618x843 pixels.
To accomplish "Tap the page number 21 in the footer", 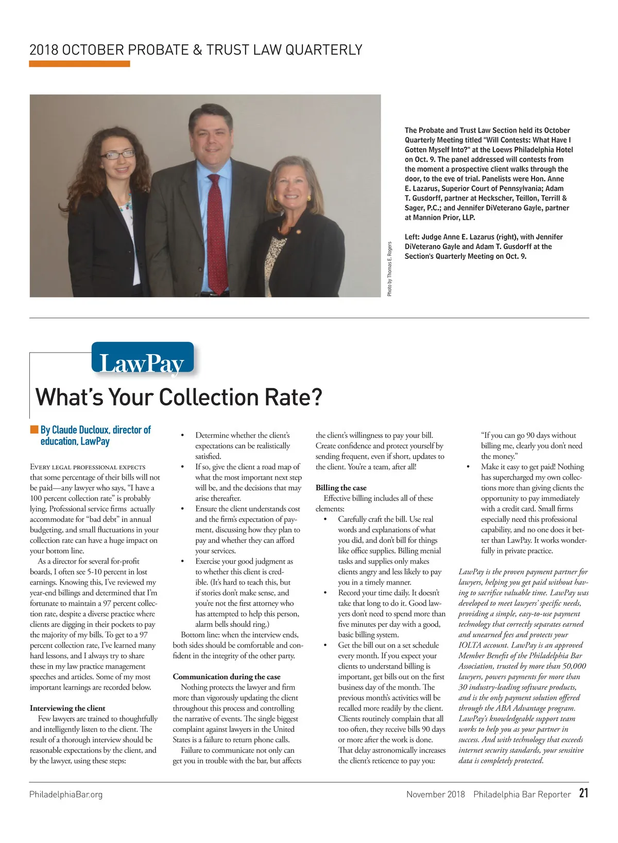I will (583, 793).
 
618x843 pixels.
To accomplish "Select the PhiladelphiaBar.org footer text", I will (66, 794).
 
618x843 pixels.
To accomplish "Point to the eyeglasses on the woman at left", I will (117, 154).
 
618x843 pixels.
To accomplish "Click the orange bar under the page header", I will (79, 64).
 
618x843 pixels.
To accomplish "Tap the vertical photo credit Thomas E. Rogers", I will (390, 269).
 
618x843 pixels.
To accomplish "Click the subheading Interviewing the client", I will (67, 708).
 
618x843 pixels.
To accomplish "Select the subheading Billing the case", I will (341, 487).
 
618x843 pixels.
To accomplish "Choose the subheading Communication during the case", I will (227, 676).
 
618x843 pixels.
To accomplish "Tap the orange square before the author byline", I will (34, 430).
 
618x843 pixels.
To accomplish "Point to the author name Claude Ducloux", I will (80, 430).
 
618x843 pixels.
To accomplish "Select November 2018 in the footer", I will (435, 794).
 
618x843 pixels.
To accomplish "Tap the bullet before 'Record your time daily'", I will (325, 593).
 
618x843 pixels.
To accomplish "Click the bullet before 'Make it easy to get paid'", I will (468, 467).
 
